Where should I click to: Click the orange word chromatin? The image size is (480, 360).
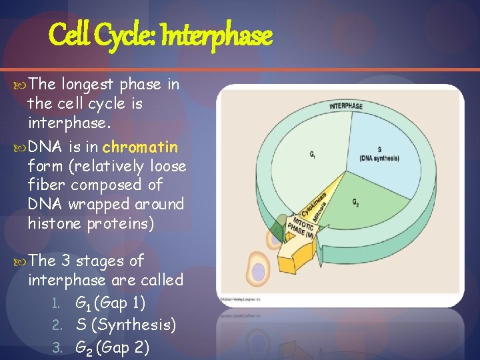coord(140,146)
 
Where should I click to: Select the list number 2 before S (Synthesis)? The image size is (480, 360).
coord(58,326)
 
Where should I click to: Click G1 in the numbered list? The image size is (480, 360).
coord(85,304)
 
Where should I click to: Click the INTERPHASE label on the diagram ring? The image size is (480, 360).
coord(346,105)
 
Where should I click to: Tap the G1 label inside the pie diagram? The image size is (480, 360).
coord(313,155)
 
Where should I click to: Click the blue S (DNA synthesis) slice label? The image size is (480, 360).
coord(379,153)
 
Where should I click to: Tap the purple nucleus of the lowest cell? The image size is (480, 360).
coord(258,271)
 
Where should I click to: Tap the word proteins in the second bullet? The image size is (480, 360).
coord(121,223)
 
